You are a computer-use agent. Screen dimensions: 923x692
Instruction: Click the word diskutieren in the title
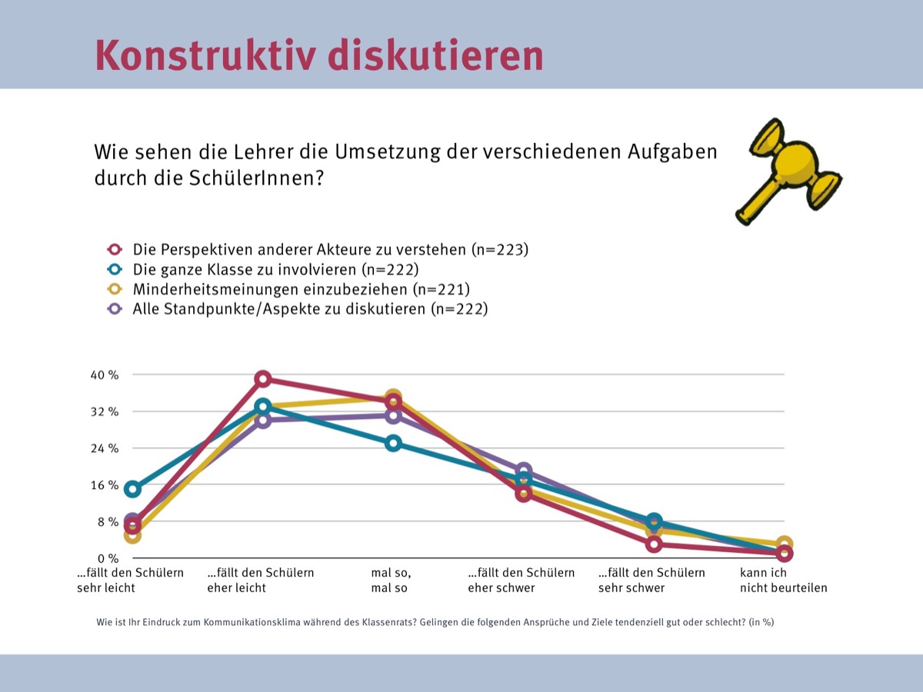coord(435,55)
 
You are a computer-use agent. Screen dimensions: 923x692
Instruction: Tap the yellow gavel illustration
coord(788,171)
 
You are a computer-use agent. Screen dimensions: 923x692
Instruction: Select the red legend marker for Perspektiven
coord(115,249)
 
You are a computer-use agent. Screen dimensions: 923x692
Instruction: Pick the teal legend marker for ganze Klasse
coord(115,269)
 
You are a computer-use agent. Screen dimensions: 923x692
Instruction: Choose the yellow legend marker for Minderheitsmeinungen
coord(115,289)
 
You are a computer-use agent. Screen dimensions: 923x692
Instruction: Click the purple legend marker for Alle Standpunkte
coord(115,309)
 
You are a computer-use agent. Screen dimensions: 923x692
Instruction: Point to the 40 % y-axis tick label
coord(105,374)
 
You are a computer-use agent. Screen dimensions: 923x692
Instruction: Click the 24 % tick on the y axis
coord(105,448)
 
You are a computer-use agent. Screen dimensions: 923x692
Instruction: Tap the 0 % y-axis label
coord(108,558)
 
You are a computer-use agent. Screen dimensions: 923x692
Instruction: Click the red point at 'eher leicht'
coord(263,379)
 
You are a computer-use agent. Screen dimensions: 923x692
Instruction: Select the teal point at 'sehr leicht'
coord(132,489)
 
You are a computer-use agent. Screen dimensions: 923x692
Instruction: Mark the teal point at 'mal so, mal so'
coord(393,444)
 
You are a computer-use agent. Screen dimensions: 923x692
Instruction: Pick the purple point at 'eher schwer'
coord(524,470)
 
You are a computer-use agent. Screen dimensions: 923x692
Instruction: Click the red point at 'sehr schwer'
coord(654,544)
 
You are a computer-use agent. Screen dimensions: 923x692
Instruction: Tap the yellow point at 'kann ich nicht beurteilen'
coord(785,544)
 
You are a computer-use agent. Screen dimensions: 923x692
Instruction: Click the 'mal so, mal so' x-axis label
coord(391,581)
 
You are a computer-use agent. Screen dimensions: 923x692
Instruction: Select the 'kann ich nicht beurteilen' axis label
coord(783,581)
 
